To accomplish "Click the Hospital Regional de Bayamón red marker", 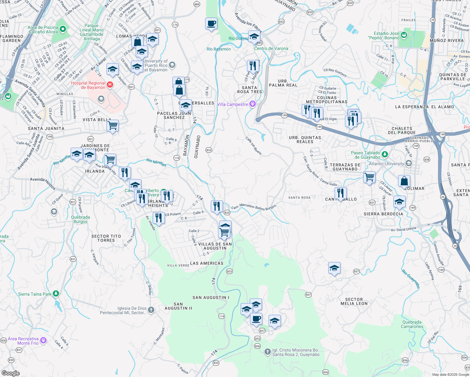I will click(110, 85).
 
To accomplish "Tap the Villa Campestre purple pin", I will click(252, 104).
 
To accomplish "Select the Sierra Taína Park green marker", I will click(56, 294).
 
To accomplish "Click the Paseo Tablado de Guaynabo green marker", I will click(385, 155).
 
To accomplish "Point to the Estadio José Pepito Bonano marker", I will click(404, 35).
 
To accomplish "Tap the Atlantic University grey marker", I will click(408, 163).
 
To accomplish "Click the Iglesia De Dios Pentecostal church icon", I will click(151, 310).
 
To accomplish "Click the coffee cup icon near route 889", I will click(211, 24).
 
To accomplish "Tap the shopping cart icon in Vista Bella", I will click(112, 126).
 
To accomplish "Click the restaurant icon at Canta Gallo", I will click(341, 193).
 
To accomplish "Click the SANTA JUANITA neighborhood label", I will click(46, 128).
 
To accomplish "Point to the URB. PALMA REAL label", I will click(283, 83).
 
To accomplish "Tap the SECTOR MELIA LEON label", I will click(354, 302).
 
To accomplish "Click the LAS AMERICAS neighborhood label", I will click(207, 263).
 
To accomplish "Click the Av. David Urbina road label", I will click(403, 229).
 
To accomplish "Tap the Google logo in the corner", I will click(10, 373).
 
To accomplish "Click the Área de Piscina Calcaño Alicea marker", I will click(63, 29).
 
